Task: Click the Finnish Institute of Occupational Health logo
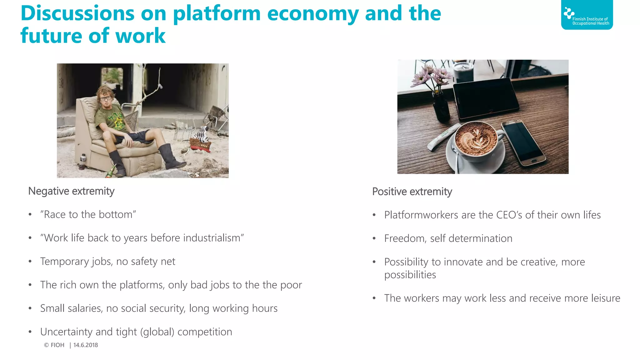(x=587, y=15)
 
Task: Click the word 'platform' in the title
(x=217, y=14)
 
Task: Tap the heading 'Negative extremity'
(x=71, y=191)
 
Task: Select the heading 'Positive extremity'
(x=412, y=192)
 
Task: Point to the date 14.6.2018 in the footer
(x=86, y=345)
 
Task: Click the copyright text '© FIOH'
(x=54, y=345)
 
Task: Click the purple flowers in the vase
(x=431, y=75)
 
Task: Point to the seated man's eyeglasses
(x=106, y=98)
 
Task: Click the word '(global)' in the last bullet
(x=157, y=332)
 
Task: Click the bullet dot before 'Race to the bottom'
(x=30, y=215)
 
